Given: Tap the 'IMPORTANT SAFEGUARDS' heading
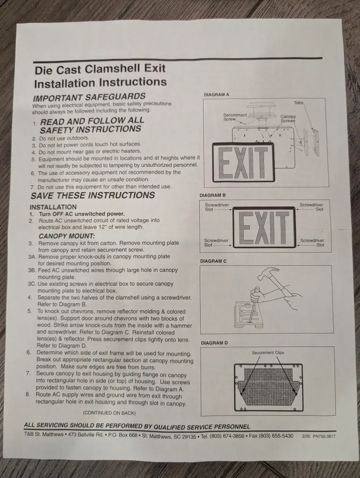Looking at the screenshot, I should coord(89,98).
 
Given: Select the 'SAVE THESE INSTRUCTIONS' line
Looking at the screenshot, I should coord(92,195).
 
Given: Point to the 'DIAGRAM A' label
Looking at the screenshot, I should coord(217,95).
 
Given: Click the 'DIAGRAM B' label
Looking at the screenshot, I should coord(212,195).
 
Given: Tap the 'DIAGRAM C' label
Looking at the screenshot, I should coord(213,261).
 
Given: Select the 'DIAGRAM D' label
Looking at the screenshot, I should coord(214,343).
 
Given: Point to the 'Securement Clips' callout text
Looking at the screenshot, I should coord(268,352).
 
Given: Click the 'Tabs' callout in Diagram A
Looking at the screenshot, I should coord(299,102).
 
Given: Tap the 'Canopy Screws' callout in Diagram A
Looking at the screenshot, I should coord(288,119).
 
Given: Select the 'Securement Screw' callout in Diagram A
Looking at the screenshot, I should coord(235,117).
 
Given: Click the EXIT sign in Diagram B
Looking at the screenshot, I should coord(265,227).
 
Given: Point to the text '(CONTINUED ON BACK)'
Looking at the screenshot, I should coord(109,413).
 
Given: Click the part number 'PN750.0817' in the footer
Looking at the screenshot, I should coord(324,436).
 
